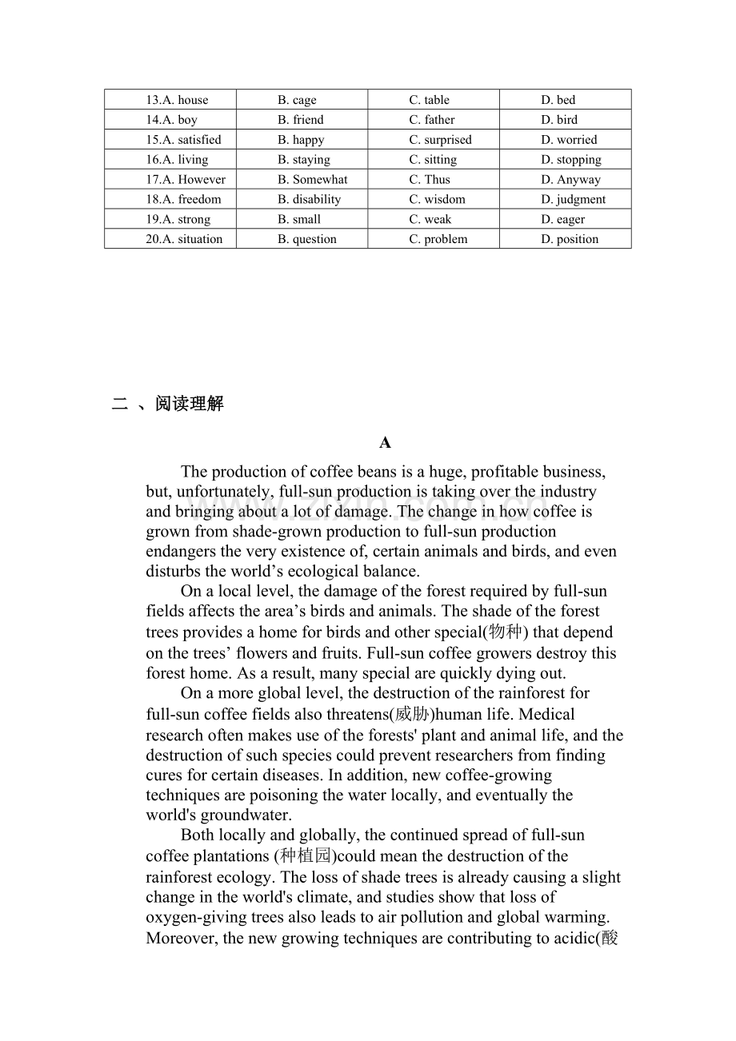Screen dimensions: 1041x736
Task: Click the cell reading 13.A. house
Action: pyautogui.click(x=177, y=100)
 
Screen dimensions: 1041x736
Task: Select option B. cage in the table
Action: pyautogui.click(x=297, y=100)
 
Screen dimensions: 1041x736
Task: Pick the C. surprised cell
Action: pyautogui.click(x=440, y=140)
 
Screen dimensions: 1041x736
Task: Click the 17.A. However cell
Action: pyautogui.click(x=186, y=180)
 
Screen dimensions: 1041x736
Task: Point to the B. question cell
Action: pyautogui.click(x=307, y=239)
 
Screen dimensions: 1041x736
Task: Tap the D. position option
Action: pyautogui.click(x=570, y=239)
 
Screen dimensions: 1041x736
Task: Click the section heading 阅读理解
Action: pyautogui.click(x=190, y=405)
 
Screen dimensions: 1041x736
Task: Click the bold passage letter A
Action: pyautogui.click(x=385, y=443)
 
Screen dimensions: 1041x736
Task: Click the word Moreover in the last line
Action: pyautogui.click(x=181, y=938)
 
